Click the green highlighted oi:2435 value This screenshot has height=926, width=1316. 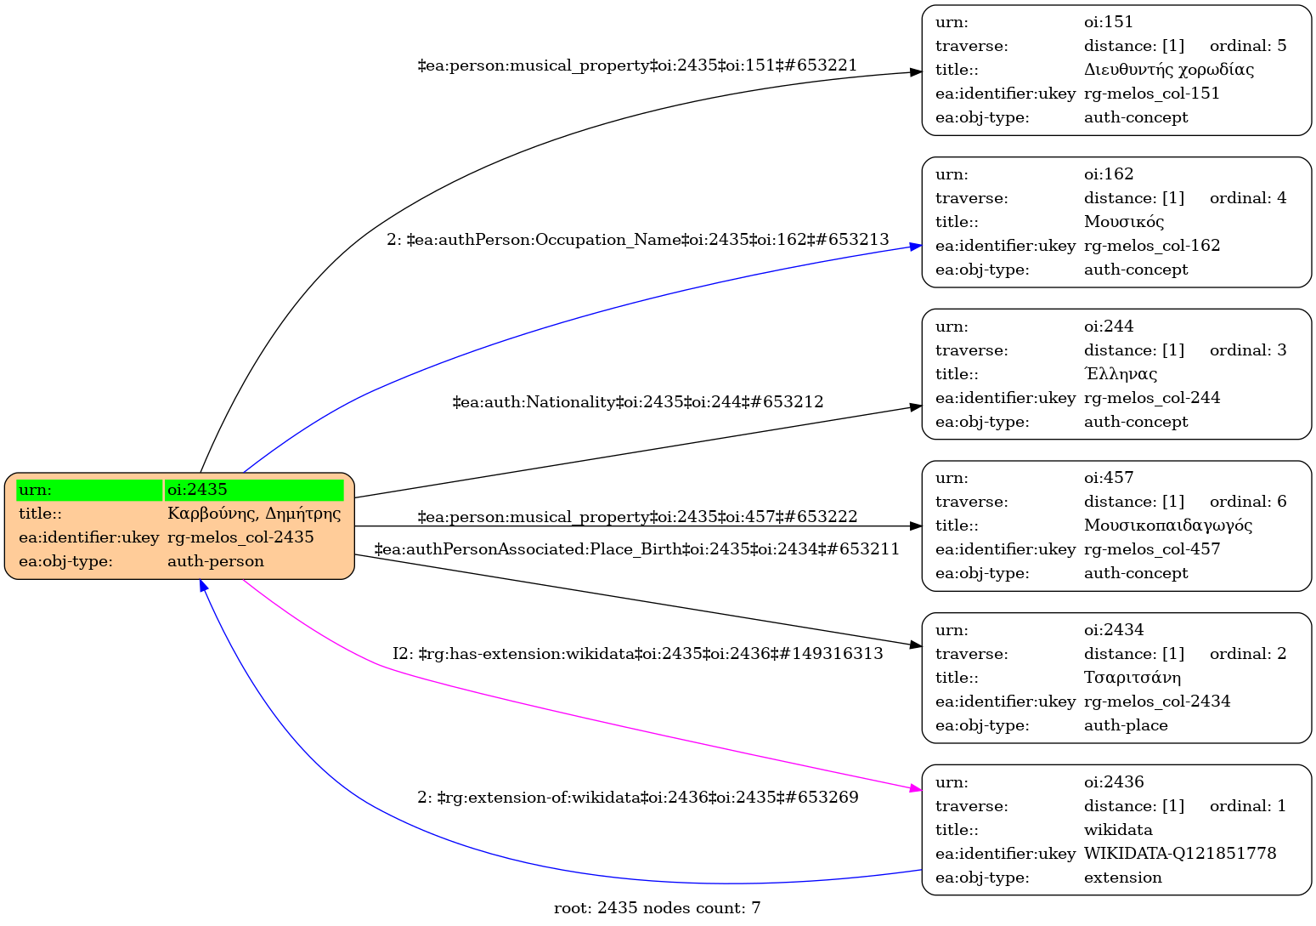253,490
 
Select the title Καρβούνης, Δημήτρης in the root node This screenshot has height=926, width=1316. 253,514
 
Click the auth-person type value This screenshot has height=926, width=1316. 216,561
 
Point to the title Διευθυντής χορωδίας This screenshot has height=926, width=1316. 1168,70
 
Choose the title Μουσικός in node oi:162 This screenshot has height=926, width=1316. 1123,222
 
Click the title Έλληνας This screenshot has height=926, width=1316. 1120,374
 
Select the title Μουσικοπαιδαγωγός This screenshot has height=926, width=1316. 1167,525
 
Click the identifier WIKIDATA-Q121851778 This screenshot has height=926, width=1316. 1179,854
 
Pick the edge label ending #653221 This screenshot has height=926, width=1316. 637,65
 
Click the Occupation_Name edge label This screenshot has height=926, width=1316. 637,240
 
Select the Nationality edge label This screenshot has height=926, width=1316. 637,401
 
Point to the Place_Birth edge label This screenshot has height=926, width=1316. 636,549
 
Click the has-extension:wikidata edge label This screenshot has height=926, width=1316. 637,653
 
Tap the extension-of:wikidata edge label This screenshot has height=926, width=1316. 637,798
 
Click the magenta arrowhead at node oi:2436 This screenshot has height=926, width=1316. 916,789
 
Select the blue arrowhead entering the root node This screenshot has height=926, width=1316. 203,586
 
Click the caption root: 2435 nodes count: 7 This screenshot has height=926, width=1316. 657,908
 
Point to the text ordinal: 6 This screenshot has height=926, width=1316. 1247,502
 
